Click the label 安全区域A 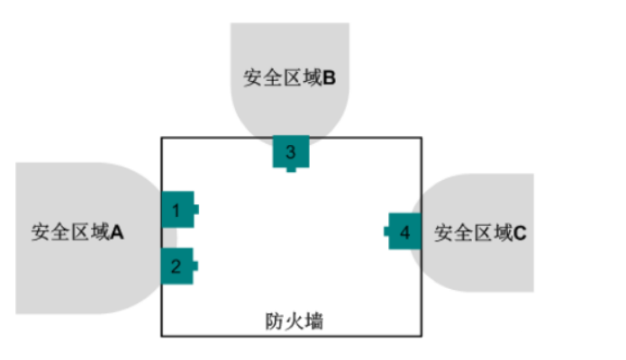click(x=77, y=233)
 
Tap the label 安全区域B click(x=289, y=78)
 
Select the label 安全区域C click(x=481, y=234)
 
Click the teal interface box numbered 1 click(x=177, y=210)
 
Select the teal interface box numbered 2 click(x=177, y=265)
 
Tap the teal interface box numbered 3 click(x=290, y=151)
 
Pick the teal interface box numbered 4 click(x=405, y=232)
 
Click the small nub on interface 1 click(x=195, y=210)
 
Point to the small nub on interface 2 click(x=195, y=265)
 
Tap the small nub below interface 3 click(x=290, y=169)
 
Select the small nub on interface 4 click(x=386, y=232)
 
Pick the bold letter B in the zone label click(x=330, y=78)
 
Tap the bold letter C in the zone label click(x=521, y=234)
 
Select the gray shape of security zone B click(x=288, y=45)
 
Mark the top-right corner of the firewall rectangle click(x=421, y=138)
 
